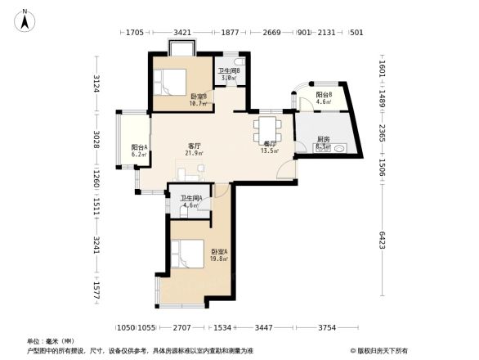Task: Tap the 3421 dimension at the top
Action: pos(182,33)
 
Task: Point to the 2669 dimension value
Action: pos(271,33)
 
